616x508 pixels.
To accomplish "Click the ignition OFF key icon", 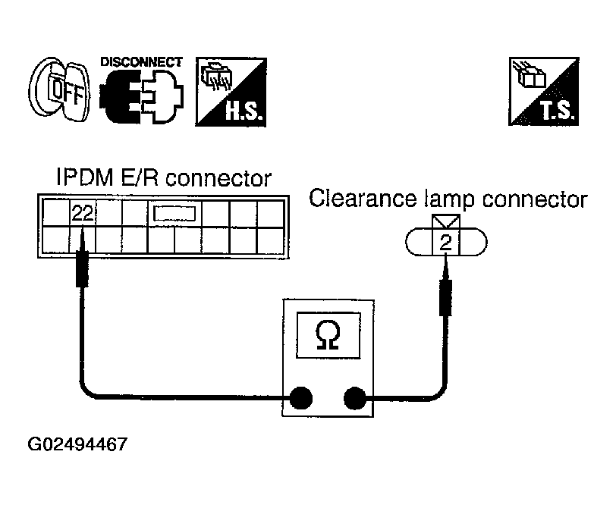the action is [x=59, y=89].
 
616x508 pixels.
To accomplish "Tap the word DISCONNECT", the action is [x=141, y=62].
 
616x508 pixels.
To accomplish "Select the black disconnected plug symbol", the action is [x=142, y=96].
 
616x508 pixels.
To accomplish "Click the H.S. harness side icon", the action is [x=231, y=92].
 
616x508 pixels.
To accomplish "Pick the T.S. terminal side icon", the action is [x=544, y=91].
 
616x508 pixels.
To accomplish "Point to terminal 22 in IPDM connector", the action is [x=83, y=213].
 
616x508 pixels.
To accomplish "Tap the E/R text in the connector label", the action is [x=139, y=177].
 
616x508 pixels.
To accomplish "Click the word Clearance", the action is [x=363, y=198].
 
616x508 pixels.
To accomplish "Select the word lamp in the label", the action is [x=449, y=200].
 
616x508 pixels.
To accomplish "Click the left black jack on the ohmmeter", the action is [x=300, y=399].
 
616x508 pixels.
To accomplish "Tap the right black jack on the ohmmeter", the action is [x=355, y=398].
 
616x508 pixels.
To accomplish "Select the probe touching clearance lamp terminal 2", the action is [x=445, y=285].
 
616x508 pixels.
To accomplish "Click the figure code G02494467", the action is [x=77, y=444].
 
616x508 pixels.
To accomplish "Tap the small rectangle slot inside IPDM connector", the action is [x=174, y=214].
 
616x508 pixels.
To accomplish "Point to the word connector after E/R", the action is [x=218, y=178].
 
